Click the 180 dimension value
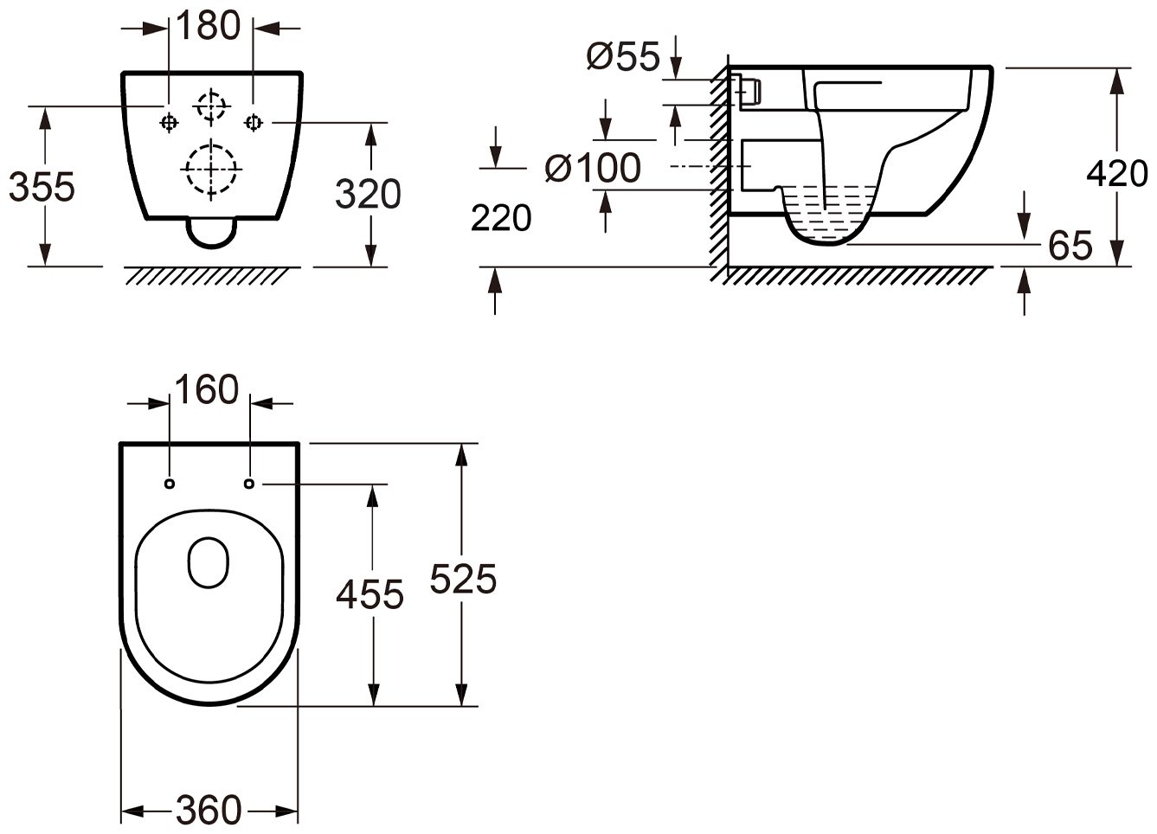point(209,25)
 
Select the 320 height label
point(368,194)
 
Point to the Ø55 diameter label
point(623,56)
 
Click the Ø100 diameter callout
point(593,169)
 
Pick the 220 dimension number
point(501,217)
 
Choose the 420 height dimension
point(1117,174)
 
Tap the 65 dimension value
point(1070,246)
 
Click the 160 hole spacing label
point(207,389)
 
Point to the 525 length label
point(463,579)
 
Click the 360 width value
point(209,811)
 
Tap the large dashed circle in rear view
point(211,169)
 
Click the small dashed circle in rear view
point(211,106)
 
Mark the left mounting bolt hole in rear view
point(169,123)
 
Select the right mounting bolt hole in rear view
point(253,123)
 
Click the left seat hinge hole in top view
point(169,484)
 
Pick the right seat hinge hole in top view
point(249,484)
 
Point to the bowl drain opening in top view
point(209,562)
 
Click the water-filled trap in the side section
point(827,214)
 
